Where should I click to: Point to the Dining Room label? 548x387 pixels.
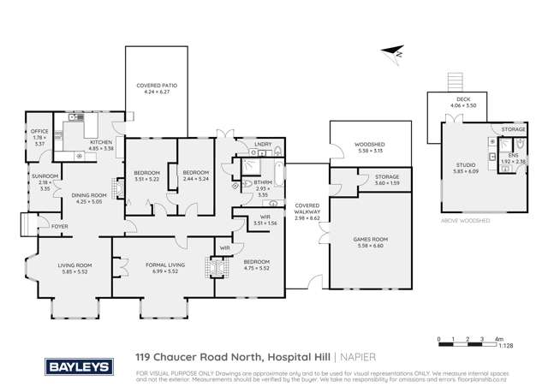[x=86, y=196]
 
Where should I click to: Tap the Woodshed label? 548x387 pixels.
[x=368, y=146]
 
